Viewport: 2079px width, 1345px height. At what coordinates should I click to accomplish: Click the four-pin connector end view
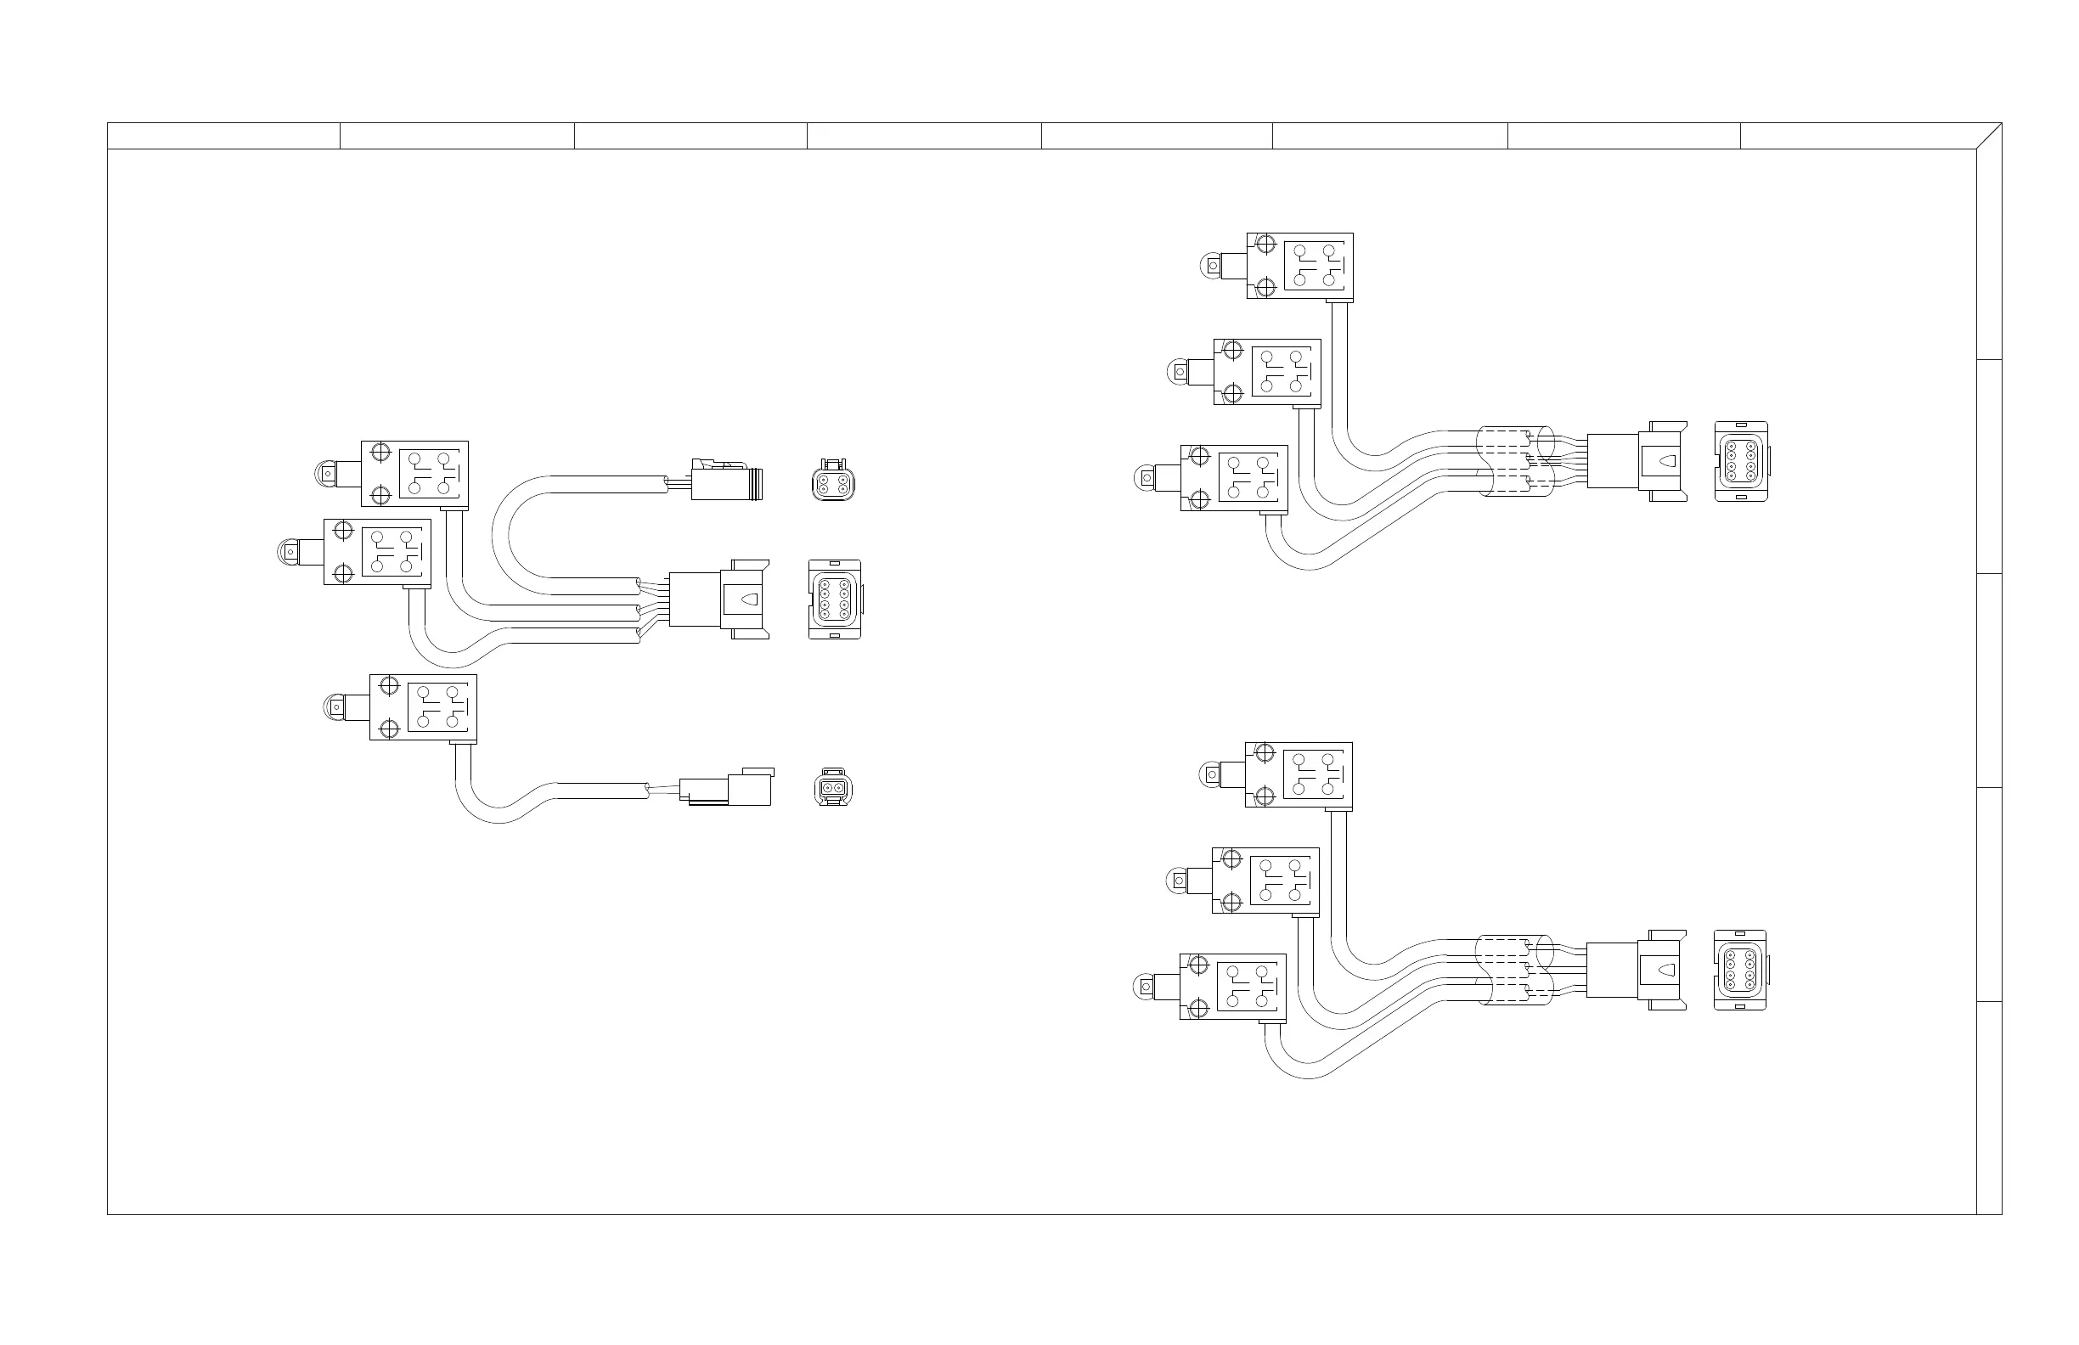(x=832, y=482)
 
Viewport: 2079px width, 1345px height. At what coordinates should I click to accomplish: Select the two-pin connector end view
(x=832, y=788)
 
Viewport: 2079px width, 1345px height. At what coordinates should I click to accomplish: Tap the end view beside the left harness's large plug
(x=834, y=599)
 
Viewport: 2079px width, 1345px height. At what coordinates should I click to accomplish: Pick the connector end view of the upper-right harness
(x=1740, y=461)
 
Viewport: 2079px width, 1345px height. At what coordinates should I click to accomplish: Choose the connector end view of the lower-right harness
(x=1739, y=970)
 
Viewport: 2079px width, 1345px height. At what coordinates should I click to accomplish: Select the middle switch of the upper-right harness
(x=1265, y=372)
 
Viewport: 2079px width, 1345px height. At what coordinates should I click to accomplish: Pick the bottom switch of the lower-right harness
(x=1231, y=987)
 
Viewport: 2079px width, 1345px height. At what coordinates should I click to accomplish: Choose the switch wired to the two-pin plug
(x=423, y=707)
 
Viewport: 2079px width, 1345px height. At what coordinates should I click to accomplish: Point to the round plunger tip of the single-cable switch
(x=333, y=706)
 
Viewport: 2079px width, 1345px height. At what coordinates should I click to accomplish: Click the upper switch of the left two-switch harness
(x=414, y=475)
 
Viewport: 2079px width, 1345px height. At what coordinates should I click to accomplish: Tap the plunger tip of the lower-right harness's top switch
(x=1210, y=774)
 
